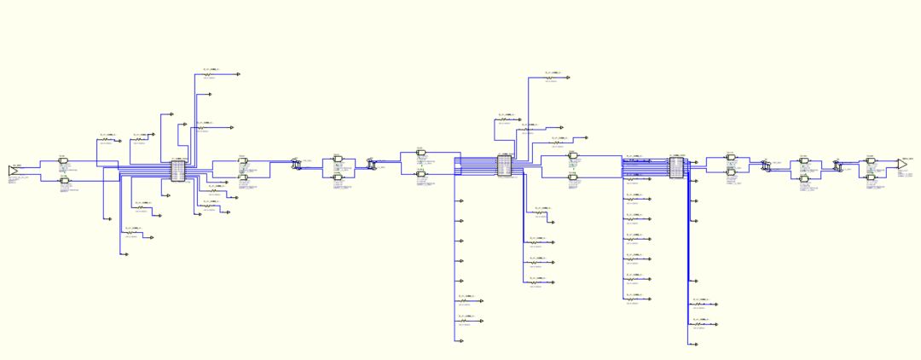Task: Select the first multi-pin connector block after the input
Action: coord(178,170)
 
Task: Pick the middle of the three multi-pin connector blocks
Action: coord(504,165)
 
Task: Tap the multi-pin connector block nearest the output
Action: coord(676,166)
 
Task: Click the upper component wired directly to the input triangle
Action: coord(62,162)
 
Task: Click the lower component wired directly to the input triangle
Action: coord(62,180)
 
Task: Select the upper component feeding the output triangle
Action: coord(871,160)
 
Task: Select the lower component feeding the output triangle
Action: coord(871,177)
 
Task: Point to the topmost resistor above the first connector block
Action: coord(208,75)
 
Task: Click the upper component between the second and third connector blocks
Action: coord(573,156)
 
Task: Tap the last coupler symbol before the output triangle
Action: coord(839,168)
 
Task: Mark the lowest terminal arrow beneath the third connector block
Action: coord(696,345)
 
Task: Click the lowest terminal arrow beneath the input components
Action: coord(125,254)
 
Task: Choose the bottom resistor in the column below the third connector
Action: coord(701,325)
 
